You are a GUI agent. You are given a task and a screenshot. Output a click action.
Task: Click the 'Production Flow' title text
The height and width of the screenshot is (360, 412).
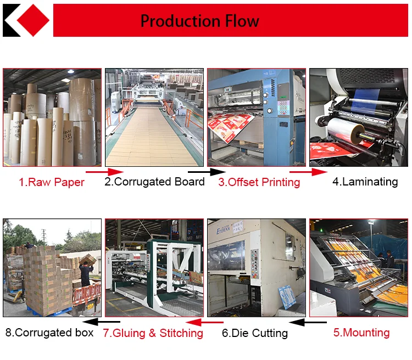click(x=200, y=21)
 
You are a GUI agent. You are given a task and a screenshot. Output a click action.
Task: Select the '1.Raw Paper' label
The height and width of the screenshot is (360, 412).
click(x=52, y=182)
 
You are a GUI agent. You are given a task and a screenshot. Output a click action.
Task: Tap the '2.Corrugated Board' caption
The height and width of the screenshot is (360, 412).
click(x=154, y=182)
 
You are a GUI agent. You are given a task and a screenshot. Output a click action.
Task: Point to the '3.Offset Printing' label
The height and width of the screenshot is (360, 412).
click(x=259, y=182)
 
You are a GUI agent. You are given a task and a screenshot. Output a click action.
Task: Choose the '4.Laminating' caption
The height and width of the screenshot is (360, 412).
click(x=365, y=182)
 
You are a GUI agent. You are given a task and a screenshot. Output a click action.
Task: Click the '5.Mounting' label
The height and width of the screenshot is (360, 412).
click(x=361, y=333)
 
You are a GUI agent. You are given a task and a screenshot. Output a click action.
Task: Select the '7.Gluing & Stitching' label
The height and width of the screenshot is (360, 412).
click(x=153, y=333)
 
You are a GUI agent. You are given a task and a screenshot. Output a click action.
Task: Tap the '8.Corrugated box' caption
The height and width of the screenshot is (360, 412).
click(x=49, y=333)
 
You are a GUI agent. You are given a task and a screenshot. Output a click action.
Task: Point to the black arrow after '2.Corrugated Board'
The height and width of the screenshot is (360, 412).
click(x=201, y=172)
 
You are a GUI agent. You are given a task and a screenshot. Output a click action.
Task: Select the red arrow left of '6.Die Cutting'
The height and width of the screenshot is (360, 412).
click(x=204, y=322)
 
